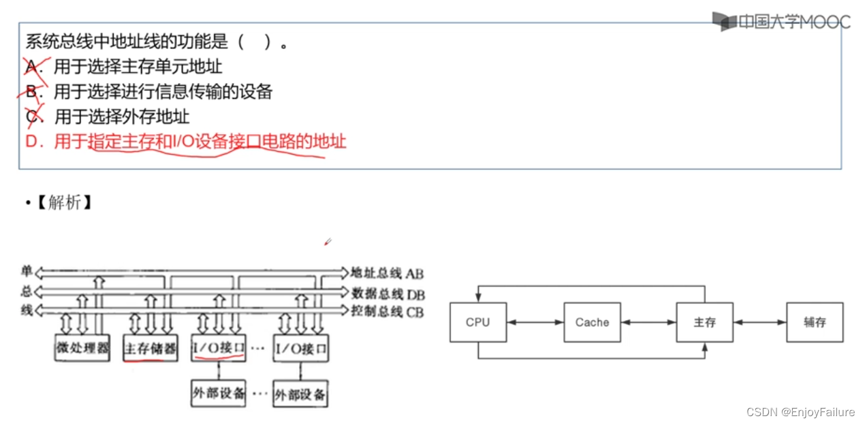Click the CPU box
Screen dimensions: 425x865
[478, 322]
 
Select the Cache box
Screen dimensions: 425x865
[592, 322]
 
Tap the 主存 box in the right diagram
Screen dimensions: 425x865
[704, 322]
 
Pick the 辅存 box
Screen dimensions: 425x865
[815, 322]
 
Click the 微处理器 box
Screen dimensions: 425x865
[82, 348]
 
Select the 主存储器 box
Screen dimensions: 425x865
[150, 349]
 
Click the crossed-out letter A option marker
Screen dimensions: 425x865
[32, 67]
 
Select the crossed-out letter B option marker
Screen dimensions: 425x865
[33, 91]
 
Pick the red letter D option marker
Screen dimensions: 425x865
[31, 142]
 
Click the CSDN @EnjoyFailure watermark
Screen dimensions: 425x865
[800, 412]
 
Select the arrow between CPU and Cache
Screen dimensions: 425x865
[535, 322]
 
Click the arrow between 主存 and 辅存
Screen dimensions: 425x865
[759, 322]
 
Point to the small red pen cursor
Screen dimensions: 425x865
[328, 241]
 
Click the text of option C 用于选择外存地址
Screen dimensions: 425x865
[122, 116]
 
